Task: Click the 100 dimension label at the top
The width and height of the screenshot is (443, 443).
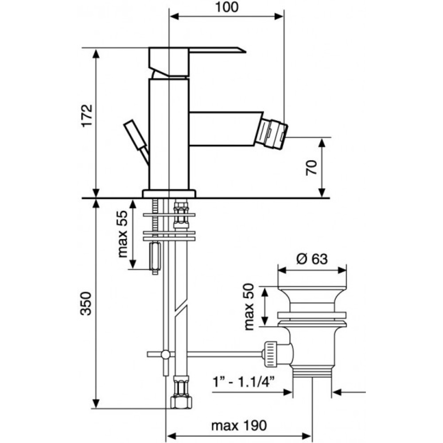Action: [226, 7]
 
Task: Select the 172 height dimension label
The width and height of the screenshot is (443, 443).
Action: [87, 116]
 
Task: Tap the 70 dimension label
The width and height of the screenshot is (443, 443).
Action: [311, 167]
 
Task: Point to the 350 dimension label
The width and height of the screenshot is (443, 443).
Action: [86, 303]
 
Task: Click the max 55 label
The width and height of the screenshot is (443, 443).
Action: [123, 234]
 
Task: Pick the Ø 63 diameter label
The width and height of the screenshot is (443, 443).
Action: [312, 259]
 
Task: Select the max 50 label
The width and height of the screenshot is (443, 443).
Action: [249, 307]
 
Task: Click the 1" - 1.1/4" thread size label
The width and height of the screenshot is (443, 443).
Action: [243, 383]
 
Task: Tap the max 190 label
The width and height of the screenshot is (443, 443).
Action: [239, 425]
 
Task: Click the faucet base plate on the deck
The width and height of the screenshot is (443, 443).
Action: [169, 194]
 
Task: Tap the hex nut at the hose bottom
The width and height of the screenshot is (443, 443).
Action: [181, 402]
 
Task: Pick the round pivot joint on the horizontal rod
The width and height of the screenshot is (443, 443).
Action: [166, 354]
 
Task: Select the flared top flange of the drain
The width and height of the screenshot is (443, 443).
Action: [312, 295]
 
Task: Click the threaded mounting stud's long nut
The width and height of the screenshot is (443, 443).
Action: [155, 256]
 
